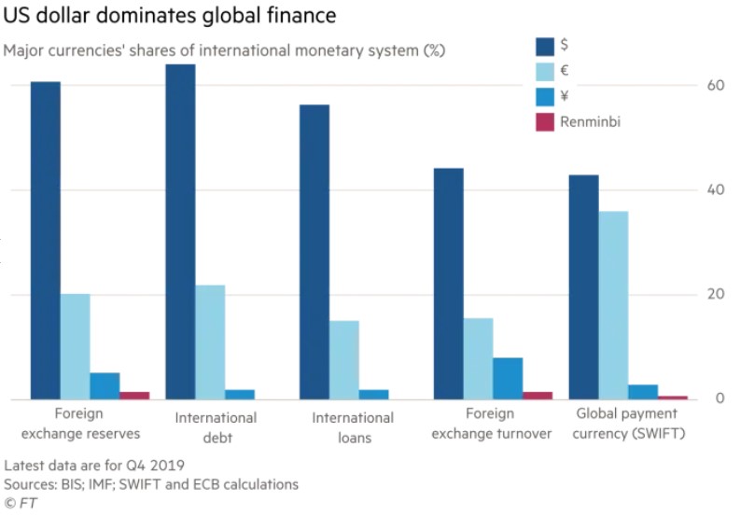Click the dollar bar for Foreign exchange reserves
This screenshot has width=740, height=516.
(x=46, y=241)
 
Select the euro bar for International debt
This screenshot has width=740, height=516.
(x=210, y=342)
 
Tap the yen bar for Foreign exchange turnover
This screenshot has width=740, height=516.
(x=508, y=379)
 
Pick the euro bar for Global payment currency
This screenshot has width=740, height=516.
(x=613, y=305)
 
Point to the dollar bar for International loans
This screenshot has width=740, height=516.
(x=314, y=252)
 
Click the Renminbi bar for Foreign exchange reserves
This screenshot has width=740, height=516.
(x=134, y=396)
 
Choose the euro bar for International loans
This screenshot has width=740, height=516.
(x=344, y=360)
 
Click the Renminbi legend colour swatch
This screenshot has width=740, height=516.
(x=545, y=121)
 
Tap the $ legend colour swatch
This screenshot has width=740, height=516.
(x=545, y=46)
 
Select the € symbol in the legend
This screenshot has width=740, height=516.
(x=565, y=71)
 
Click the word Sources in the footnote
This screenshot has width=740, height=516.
(x=30, y=484)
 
